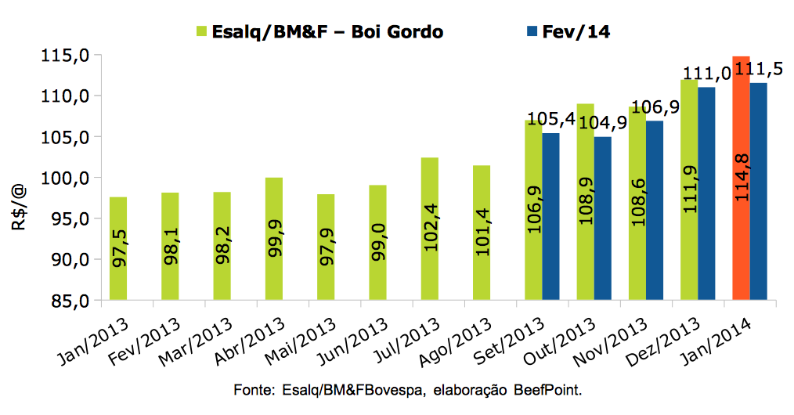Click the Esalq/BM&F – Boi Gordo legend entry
[319, 31]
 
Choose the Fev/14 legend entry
[568, 31]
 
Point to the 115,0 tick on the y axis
[68, 56]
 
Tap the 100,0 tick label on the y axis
[68, 178]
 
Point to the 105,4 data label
[550, 119]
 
